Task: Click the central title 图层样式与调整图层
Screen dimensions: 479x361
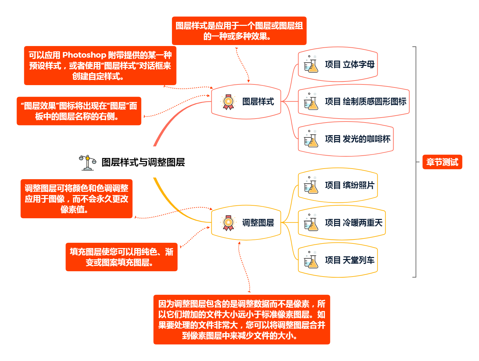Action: [x=143, y=162]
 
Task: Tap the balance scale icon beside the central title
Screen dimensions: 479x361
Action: [x=87, y=162]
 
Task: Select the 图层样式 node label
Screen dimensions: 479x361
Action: [x=258, y=102]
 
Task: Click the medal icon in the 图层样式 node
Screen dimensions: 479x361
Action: [x=228, y=102]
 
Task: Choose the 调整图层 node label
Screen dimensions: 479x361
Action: [x=258, y=223]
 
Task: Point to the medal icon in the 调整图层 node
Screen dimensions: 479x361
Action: [x=228, y=223]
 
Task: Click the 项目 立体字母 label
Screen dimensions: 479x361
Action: [x=349, y=64]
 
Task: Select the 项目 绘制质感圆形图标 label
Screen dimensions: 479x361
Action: [x=365, y=102]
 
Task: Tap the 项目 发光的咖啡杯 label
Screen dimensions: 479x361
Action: [x=357, y=139]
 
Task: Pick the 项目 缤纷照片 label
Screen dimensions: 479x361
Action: [x=349, y=185]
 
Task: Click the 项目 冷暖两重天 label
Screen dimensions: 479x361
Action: [x=353, y=223]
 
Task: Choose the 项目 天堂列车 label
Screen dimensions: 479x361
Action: [x=349, y=260]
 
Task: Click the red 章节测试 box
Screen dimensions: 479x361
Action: [x=442, y=162]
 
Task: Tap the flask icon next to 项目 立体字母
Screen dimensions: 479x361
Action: [x=311, y=64]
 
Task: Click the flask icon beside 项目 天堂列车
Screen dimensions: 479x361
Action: [x=311, y=260]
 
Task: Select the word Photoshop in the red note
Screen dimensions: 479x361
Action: [x=84, y=55]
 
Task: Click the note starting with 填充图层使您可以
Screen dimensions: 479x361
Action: [x=121, y=257]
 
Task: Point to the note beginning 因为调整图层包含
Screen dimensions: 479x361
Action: [x=241, y=320]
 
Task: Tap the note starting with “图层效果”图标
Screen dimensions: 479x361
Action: [x=79, y=111]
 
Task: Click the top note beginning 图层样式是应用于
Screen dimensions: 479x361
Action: [x=239, y=31]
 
